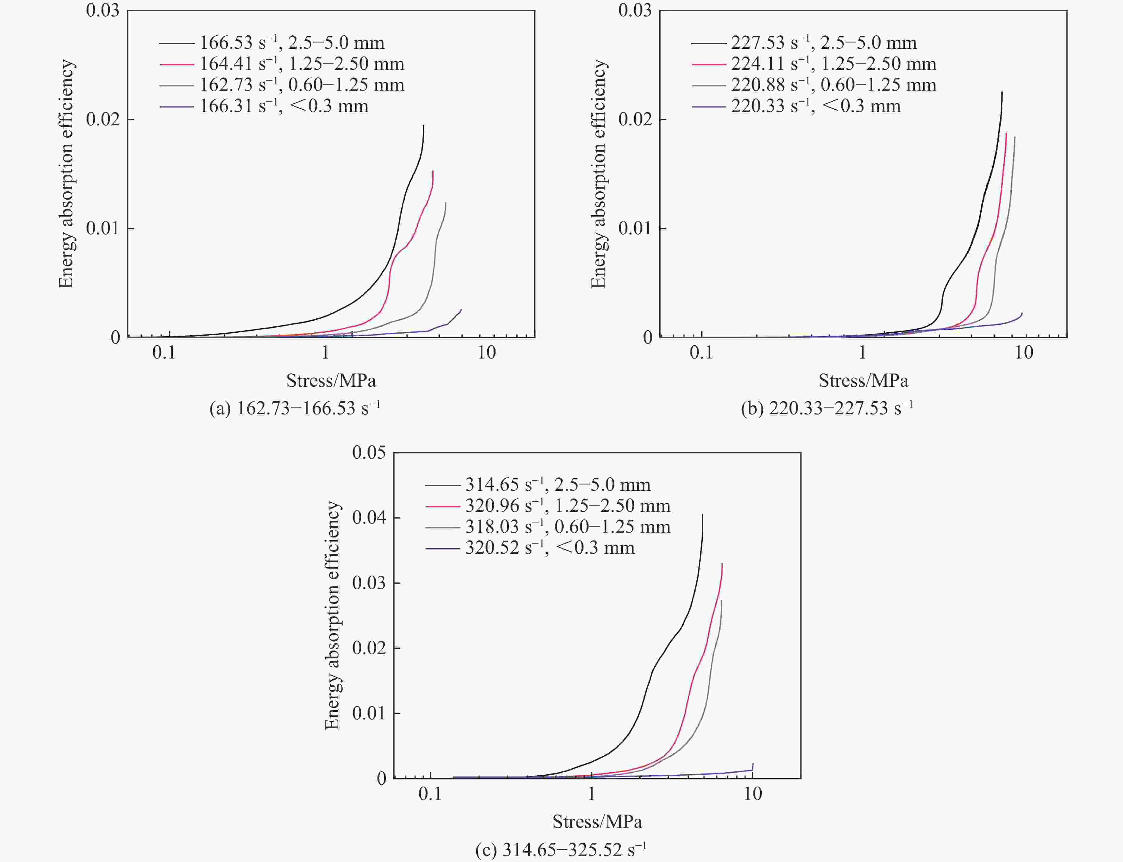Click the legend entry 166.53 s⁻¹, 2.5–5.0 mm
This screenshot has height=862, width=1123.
click(x=291, y=42)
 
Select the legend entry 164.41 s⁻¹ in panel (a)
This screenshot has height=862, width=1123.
click(x=302, y=64)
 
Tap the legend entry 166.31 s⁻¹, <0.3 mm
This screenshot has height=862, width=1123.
click(x=284, y=106)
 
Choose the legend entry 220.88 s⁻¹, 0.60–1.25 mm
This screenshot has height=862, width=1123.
click(x=834, y=85)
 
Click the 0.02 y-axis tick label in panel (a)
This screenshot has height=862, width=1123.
click(x=103, y=119)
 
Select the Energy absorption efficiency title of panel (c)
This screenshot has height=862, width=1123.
click(x=332, y=616)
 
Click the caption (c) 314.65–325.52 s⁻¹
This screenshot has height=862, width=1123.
click(x=561, y=850)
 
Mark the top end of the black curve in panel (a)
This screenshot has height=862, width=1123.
click(x=423, y=125)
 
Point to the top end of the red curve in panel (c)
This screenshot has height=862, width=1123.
click(x=722, y=564)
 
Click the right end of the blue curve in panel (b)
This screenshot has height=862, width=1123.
click(x=1022, y=313)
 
